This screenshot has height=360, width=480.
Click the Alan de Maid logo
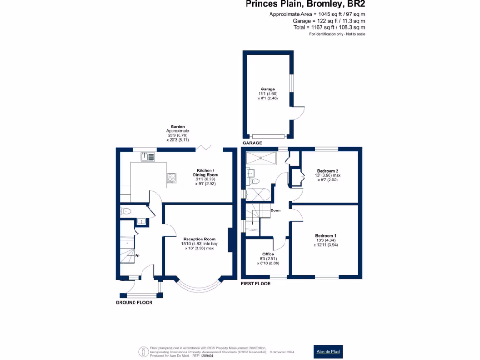pos(328,351)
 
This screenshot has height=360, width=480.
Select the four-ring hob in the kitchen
pos(172,178)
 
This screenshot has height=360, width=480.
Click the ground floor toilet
pos(125,211)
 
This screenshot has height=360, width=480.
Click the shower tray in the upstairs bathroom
pos(261,157)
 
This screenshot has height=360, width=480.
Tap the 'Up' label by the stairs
pos(137,255)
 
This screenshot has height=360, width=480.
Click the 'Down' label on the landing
pos(276,210)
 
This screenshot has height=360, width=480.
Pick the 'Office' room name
pos(268,254)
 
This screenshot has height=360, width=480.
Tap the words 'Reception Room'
pos(199,239)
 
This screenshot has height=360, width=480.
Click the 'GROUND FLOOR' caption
pos(134,303)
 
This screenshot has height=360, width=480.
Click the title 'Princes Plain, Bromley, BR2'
pos(306,4)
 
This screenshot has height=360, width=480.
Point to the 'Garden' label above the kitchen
pos(178,127)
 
